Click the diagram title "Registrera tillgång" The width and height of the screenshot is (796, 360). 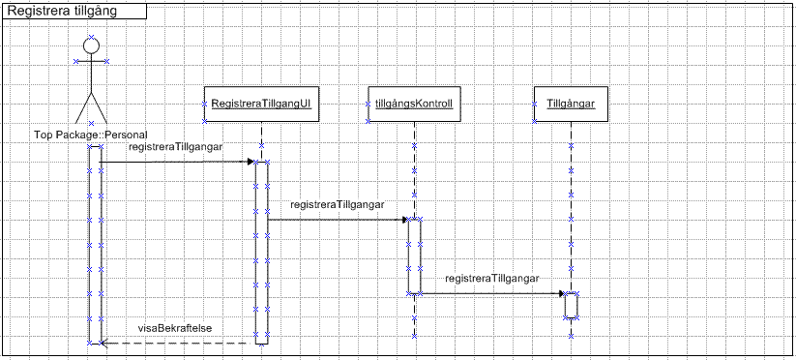pyautogui.click(x=63, y=12)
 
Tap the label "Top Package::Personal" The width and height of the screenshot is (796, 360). pyautogui.click(x=91, y=135)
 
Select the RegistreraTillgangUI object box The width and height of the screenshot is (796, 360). pyautogui.click(x=261, y=105)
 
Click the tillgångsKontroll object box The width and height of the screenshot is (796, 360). pyautogui.click(x=414, y=105)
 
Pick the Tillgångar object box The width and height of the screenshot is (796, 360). pyautogui.click(x=571, y=105)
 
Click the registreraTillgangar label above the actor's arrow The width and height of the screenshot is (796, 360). pyautogui.click(x=176, y=147)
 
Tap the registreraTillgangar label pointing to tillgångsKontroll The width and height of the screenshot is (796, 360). pyautogui.click(x=338, y=205)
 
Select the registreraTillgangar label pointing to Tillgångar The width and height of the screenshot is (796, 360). pyautogui.click(x=492, y=279)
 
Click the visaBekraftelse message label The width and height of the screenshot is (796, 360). pyautogui.click(x=175, y=328)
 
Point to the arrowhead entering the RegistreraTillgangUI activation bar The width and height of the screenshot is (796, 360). pyautogui.click(x=251, y=162)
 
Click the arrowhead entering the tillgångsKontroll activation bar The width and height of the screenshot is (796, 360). pyautogui.click(x=404, y=220)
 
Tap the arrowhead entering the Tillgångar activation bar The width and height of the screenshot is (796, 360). pyautogui.click(x=562, y=293)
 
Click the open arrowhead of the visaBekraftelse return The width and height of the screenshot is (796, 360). pyautogui.click(x=104, y=344)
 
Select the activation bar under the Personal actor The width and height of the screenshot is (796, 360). pyautogui.click(x=95, y=245)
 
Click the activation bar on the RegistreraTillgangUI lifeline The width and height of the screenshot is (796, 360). pyautogui.click(x=261, y=253)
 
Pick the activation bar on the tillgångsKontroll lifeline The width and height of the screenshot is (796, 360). pyautogui.click(x=414, y=256)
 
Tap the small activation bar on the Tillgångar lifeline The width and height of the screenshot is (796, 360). pyautogui.click(x=572, y=306)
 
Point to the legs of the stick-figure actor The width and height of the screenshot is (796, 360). pyautogui.click(x=91, y=107)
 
